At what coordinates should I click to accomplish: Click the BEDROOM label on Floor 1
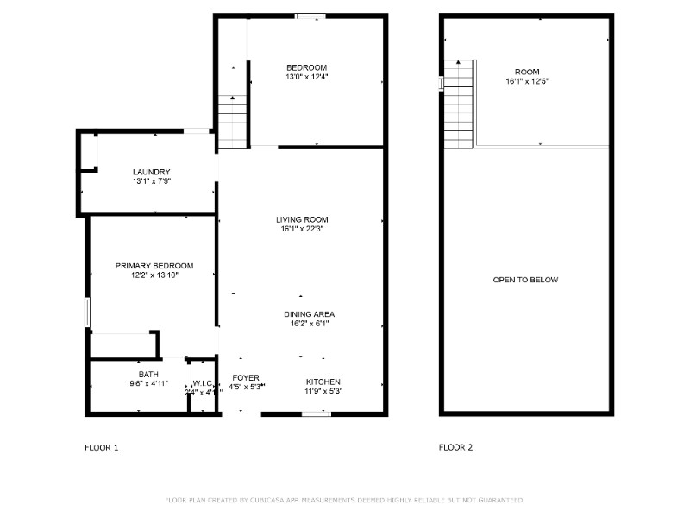coord(307,67)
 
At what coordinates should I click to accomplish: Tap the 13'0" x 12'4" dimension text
coord(307,77)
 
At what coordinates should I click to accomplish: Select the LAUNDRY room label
coord(151,172)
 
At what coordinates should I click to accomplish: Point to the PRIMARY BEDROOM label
coord(154,266)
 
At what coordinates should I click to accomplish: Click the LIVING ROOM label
coord(302,219)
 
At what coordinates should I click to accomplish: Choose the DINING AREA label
coord(309,314)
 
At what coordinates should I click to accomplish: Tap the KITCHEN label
coord(323,382)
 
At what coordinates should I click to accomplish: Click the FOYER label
coord(247,378)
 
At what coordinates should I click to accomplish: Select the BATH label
coord(148,374)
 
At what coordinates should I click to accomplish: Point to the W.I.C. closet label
coord(203,383)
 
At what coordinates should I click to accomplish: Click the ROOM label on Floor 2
coord(527,72)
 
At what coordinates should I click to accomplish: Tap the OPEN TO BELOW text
coord(525,280)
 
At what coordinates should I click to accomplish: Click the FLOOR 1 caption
coord(102,447)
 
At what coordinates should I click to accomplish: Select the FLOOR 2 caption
coord(456,447)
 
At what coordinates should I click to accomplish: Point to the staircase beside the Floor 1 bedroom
coord(233,121)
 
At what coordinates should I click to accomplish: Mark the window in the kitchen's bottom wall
coord(317,414)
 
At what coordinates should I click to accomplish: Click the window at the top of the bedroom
coord(310,16)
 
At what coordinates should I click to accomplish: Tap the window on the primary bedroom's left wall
coord(86,312)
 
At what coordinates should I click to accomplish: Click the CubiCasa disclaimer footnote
coord(345,500)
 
